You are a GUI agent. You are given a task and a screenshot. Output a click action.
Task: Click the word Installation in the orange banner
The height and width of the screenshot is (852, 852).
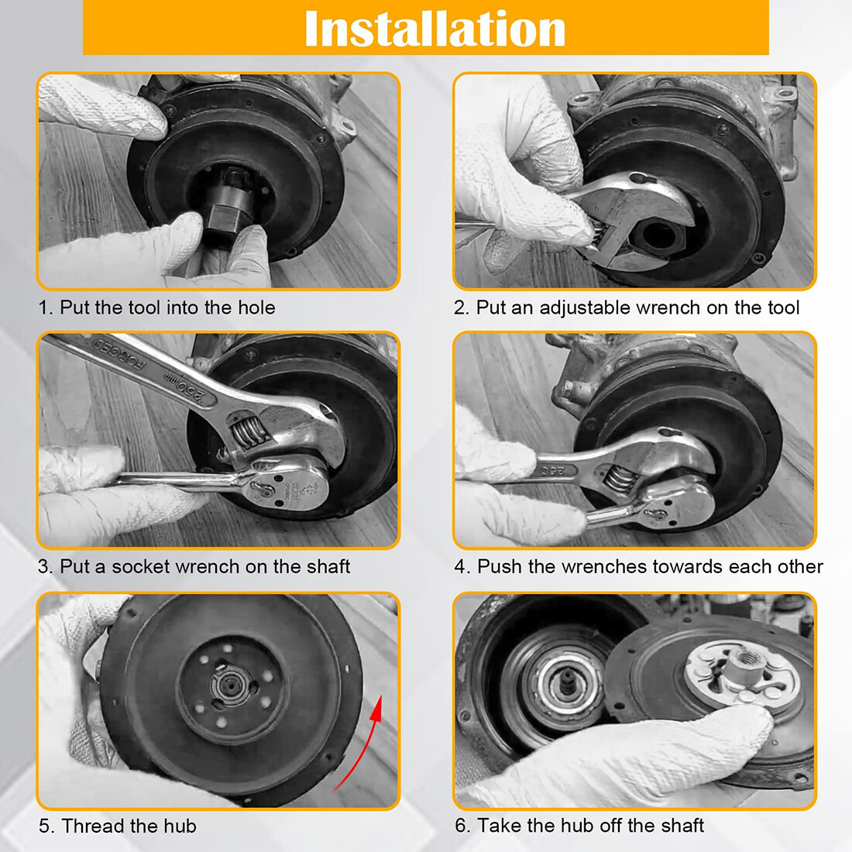click(435, 28)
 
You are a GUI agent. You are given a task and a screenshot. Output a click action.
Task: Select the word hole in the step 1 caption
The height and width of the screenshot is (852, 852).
click(256, 307)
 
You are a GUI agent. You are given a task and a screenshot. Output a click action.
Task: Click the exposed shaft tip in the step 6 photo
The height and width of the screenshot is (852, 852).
click(567, 684)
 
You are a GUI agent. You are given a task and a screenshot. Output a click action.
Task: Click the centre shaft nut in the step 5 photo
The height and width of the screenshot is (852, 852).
click(231, 685)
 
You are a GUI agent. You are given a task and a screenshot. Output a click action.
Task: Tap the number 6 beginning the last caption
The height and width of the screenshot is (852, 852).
click(461, 826)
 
